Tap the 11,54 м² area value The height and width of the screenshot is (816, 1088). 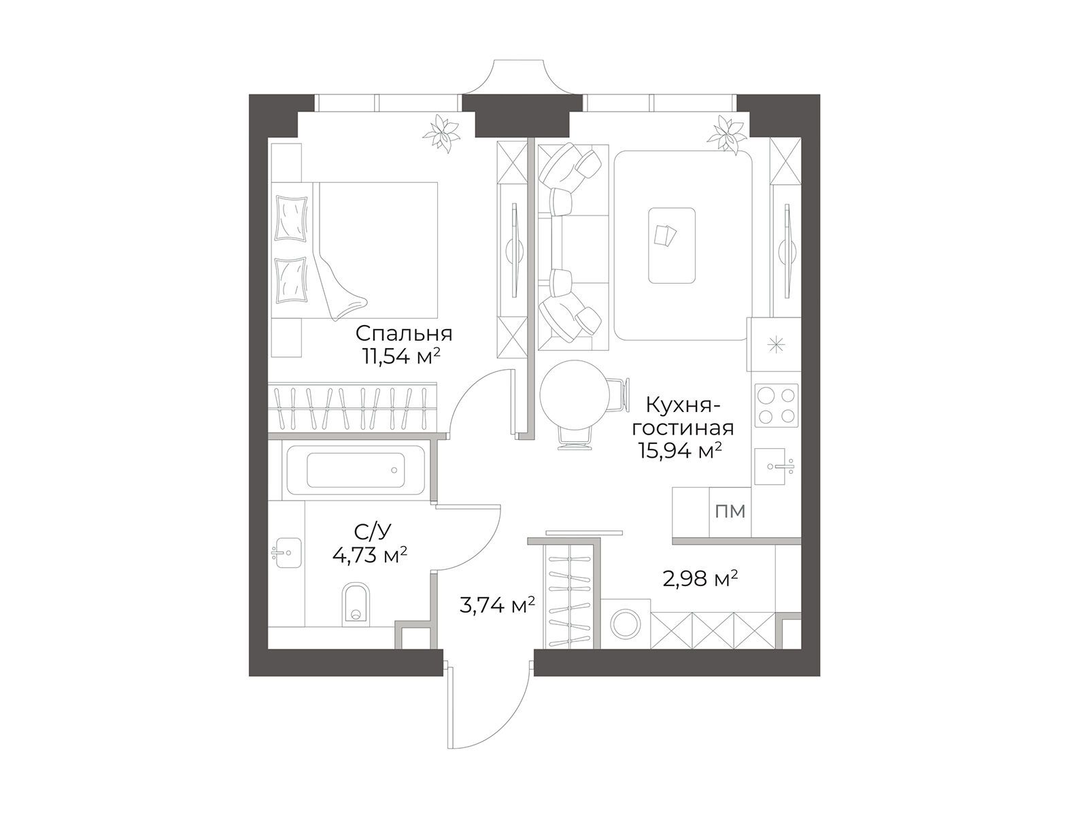point(401,356)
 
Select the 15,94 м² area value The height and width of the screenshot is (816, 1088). point(680,452)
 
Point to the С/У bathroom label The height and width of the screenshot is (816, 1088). point(373,532)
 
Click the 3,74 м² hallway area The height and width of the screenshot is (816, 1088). point(497,605)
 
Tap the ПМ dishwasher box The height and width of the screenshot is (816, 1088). point(730,511)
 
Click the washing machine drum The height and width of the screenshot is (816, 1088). point(626,624)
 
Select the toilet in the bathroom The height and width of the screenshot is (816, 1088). point(356,603)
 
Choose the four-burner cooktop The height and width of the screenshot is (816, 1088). point(777,405)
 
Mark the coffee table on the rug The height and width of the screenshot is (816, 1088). point(672,245)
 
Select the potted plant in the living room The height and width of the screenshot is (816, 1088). point(727,134)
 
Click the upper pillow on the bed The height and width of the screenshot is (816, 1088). point(292,218)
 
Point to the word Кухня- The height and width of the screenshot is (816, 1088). point(682,407)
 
